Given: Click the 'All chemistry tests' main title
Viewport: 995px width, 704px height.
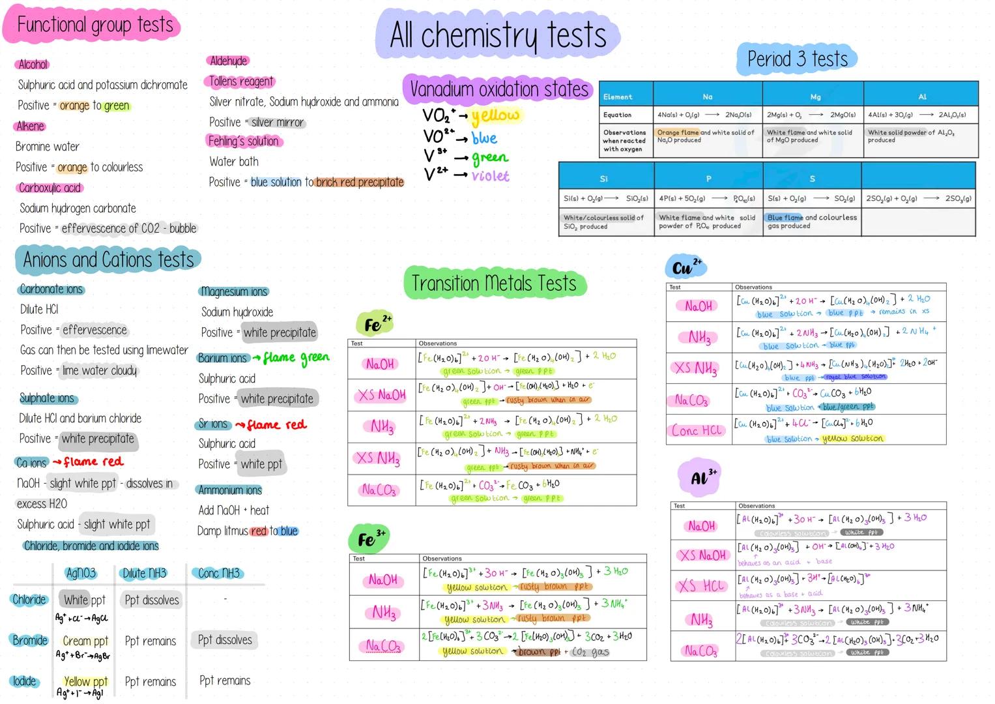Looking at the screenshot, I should pyautogui.click(x=498, y=35).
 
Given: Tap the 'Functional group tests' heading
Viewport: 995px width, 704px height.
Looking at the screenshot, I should pyautogui.click(x=95, y=25).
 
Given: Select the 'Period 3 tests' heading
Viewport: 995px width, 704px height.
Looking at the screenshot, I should pyautogui.click(x=797, y=59).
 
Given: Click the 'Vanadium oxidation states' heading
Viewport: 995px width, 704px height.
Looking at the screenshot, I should pyautogui.click(x=498, y=89).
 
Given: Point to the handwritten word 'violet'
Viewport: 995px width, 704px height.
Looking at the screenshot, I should pyautogui.click(x=491, y=176).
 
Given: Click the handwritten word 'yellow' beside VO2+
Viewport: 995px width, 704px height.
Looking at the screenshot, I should pyautogui.click(x=497, y=116).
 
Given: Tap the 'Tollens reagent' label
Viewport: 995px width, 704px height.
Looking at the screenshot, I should pyautogui.click(x=241, y=81).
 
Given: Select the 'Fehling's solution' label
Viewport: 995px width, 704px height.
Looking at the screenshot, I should pyautogui.click(x=243, y=141).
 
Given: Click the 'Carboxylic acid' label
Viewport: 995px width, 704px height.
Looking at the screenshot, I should pyautogui.click(x=50, y=188).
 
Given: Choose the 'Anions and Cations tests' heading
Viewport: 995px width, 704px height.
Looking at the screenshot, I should pyautogui.click(x=108, y=260).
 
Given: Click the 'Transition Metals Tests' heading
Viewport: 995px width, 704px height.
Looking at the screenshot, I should pyautogui.click(x=494, y=284).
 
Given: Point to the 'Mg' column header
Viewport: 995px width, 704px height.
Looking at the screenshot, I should pyautogui.click(x=815, y=96).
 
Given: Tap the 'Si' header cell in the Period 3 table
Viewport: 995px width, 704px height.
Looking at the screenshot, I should pyautogui.click(x=603, y=178).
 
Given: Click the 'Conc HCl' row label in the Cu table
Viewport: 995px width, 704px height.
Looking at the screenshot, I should pyautogui.click(x=698, y=430).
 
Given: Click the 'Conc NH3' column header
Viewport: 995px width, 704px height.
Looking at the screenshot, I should pyautogui.click(x=219, y=573).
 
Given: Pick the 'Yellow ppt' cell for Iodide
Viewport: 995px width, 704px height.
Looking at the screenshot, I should pyautogui.click(x=85, y=681).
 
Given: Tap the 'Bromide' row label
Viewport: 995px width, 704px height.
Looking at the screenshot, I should pyautogui.click(x=30, y=640).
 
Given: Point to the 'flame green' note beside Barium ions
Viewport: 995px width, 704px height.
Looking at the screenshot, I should pyautogui.click(x=296, y=357).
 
